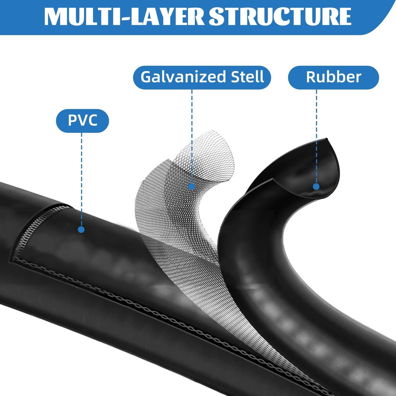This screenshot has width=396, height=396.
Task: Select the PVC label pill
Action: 82,121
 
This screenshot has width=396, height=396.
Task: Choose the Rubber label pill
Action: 333,77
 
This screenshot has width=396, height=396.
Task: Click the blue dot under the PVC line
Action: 81,229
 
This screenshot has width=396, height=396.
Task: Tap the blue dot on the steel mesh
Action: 192,186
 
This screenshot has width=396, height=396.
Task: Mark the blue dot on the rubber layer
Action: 316,186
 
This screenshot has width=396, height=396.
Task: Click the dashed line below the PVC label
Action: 81,179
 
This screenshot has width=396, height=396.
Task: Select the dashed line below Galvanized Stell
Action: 192,136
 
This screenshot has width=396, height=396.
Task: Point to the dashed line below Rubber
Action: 316,136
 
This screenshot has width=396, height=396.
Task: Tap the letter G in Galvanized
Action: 146,77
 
